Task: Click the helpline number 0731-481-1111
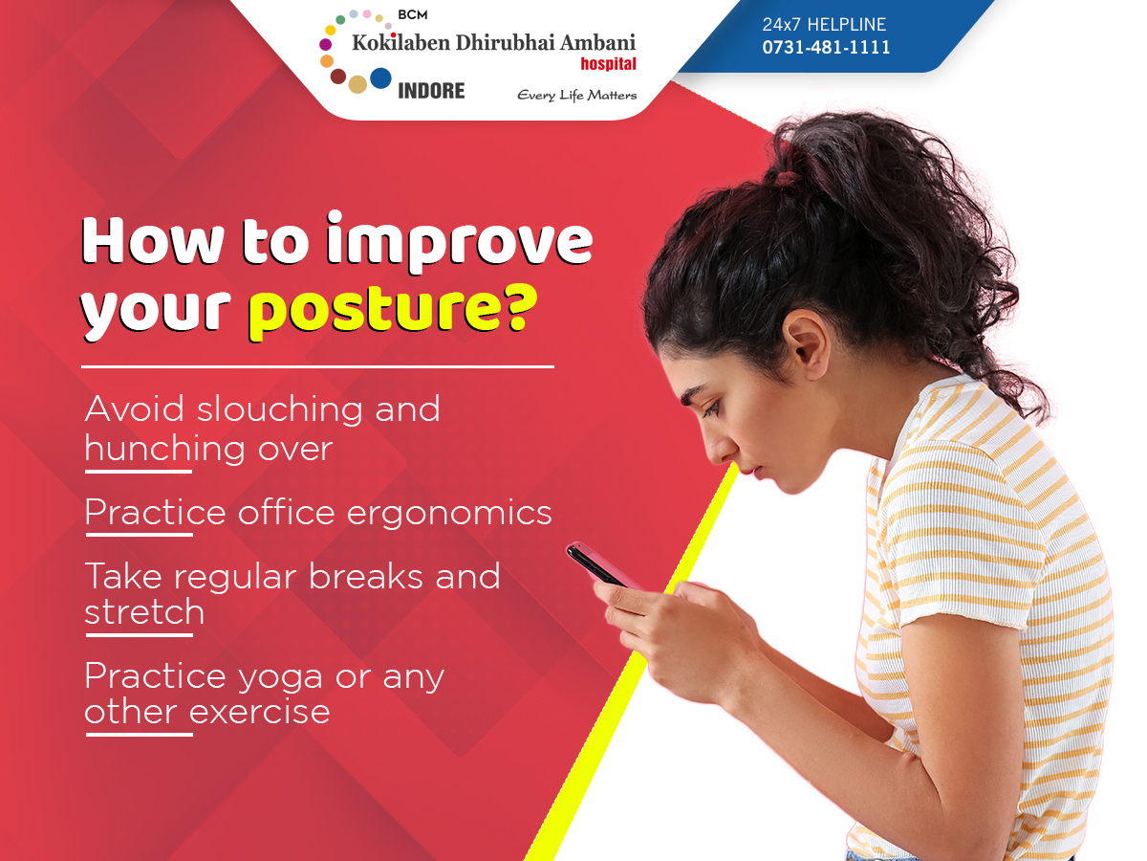pos(826,48)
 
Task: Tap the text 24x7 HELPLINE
pos(824,24)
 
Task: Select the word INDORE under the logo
pos(431,91)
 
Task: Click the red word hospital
pos(608,64)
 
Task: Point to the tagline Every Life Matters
pos(577,95)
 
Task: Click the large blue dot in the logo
pos(380,77)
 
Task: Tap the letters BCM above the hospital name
pos(413,14)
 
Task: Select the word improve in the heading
pos(460,241)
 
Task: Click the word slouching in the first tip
pos(279,408)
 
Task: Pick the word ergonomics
pos(449,514)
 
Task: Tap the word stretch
pos(144,611)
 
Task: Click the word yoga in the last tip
pos(280,678)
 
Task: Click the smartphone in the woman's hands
pos(601,565)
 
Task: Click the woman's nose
pos(717,448)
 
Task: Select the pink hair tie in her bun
pos(788,177)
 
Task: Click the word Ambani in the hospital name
pos(597,43)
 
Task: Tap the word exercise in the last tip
pos(259,712)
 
